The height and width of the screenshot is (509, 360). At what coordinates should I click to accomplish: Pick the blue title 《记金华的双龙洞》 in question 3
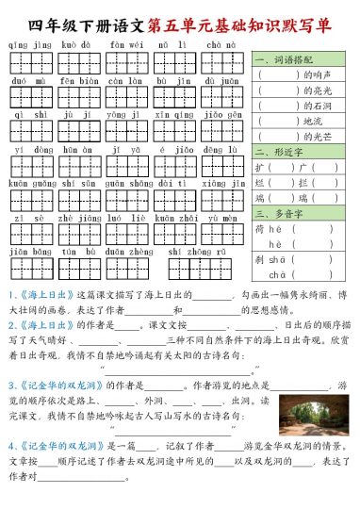56,385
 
